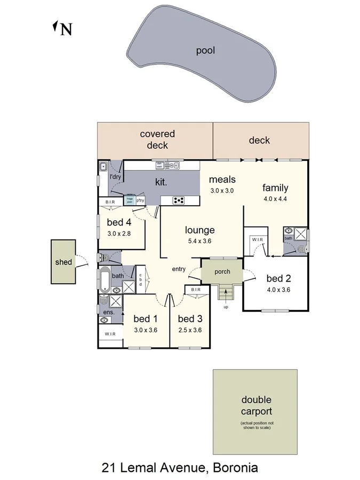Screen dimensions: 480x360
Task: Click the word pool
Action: coord(205,51)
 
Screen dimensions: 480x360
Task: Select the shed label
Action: coord(63,262)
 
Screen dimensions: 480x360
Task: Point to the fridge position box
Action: coord(130,200)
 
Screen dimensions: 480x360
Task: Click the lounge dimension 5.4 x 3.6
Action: coord(199,241)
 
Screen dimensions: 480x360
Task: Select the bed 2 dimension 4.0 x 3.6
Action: coord(278,290)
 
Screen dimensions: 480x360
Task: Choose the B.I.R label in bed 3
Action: coord(195,290)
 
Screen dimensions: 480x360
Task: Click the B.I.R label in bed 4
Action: coord(111,202)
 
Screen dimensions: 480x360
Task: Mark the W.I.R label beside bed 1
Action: coord(110,334)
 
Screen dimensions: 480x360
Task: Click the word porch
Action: coord(222,271)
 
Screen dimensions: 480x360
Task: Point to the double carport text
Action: coord(256,405)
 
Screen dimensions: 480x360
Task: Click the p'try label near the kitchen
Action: coord(141,201)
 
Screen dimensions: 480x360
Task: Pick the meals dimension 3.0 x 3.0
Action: coord(222,190)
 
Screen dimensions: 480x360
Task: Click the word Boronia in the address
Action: coord(235,468)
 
